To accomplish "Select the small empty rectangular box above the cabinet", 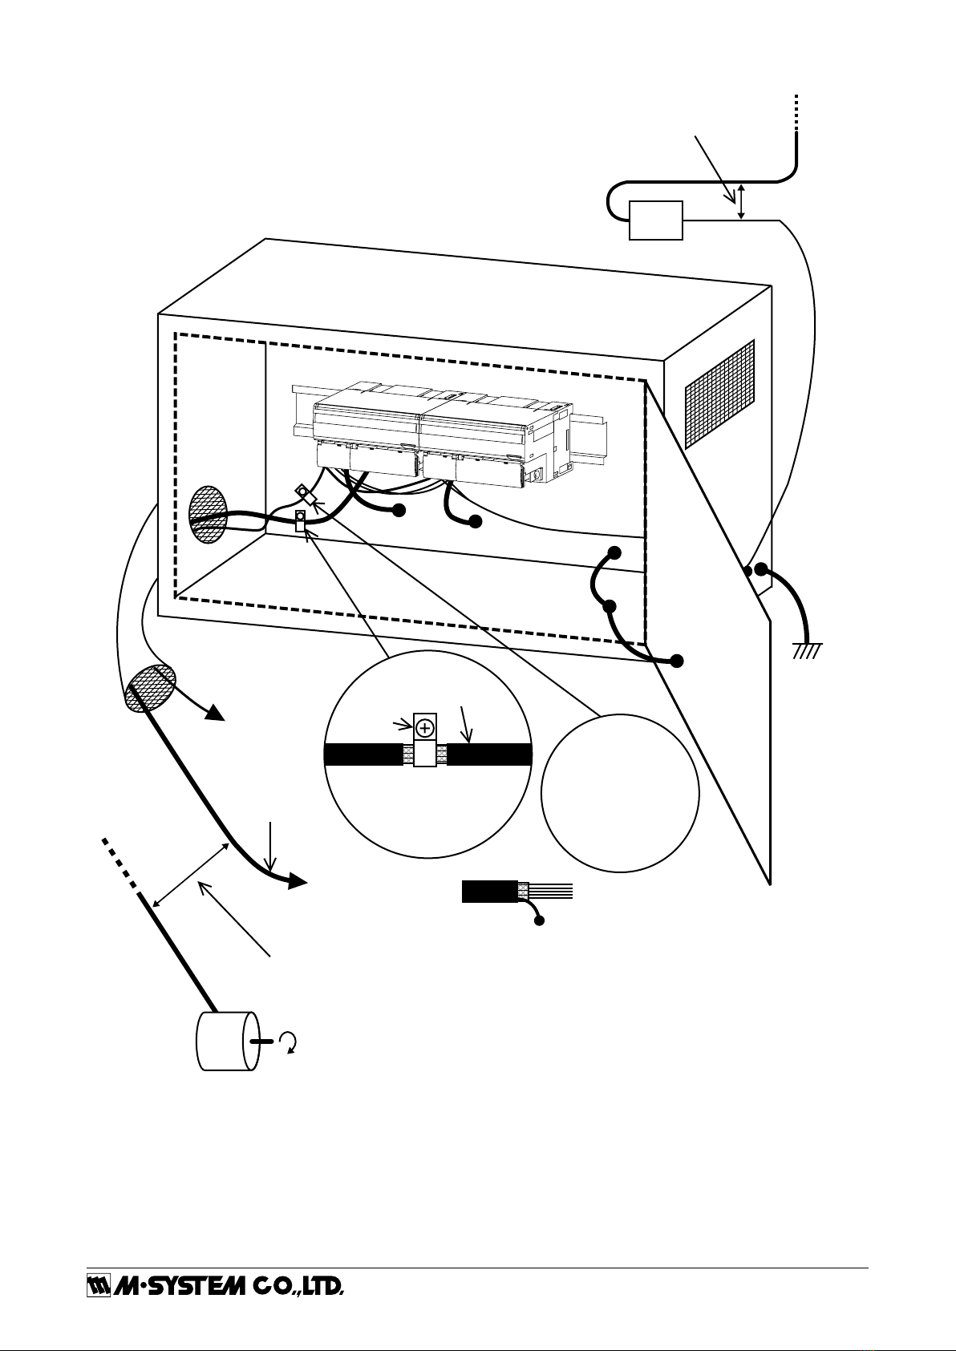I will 655,220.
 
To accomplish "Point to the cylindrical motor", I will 228,1041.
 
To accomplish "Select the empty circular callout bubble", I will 620,793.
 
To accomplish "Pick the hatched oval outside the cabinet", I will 151,688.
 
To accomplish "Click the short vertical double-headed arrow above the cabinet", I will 743,200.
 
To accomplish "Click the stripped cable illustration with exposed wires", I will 516,892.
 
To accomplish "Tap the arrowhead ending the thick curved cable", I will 295,880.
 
